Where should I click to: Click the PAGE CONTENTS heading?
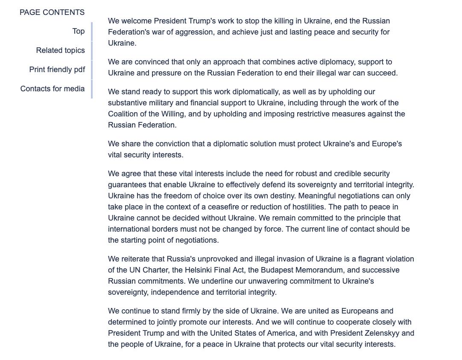click(52, 12)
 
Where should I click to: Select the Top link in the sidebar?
click(79, 31)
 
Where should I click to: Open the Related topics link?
click(60, 50)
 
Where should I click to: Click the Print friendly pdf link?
click(57, 70)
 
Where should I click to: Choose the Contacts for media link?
click(53, 89)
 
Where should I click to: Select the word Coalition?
click(124, 114)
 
